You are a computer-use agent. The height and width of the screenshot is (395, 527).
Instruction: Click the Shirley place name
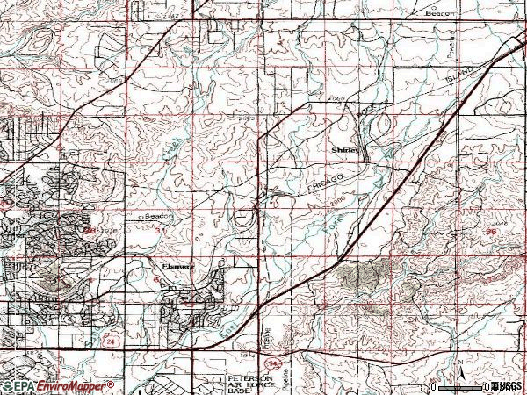pos(344,151)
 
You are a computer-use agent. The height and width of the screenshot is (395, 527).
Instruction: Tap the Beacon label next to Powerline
pos(440,14)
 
